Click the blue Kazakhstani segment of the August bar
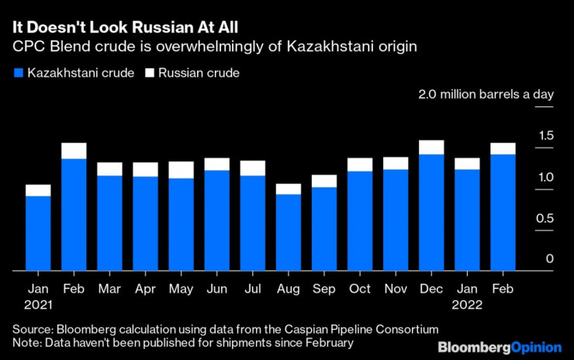click(x=288, y=233)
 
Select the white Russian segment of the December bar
click(x=430, y=147)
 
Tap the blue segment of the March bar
click(x=109, y=223)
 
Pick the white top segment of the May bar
click(x=181, y=170)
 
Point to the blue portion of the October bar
click(x=359, y=221)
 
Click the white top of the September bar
click(x=323, y=181)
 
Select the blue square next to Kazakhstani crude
click(x=19, y=74)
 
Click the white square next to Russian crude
click(x=151, y=74)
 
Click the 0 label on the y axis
click(x=549, y=259)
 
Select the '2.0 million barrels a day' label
click(x=486, y=95)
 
